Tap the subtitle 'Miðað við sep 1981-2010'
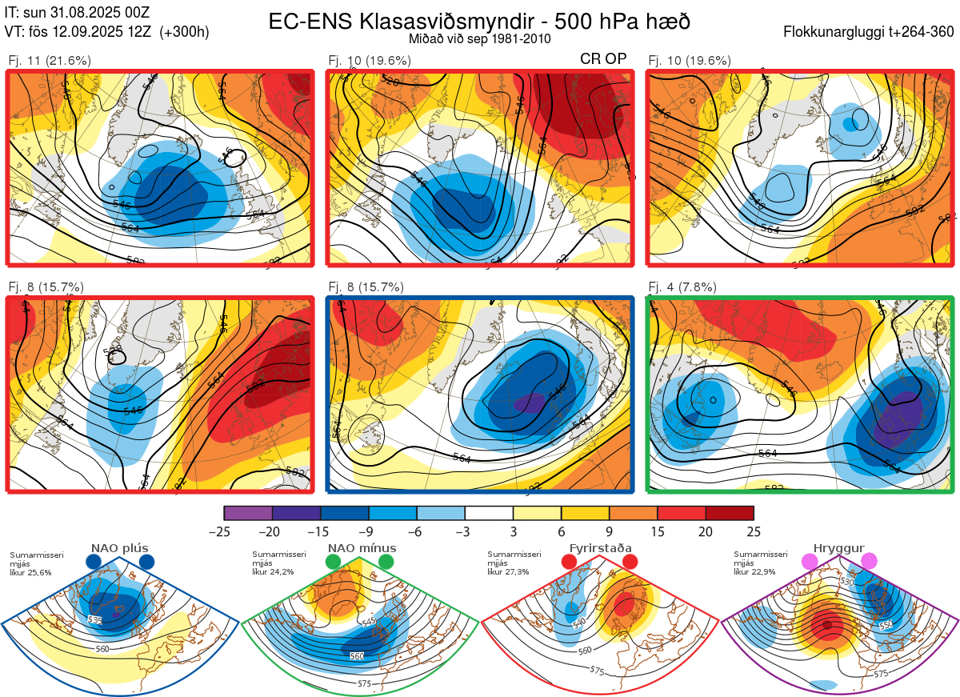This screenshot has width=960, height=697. tap(479, 38)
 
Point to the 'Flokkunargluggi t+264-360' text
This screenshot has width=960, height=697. tap(870, 33)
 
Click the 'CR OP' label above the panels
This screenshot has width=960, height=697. tap(602, 58)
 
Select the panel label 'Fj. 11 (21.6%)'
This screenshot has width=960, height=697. tap(50, 60)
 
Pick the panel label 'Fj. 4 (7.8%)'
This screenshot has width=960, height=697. tap(682, 287)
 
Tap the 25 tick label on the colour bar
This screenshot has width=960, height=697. tap(754, 531)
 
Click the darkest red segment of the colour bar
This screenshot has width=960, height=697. tap(730, 513)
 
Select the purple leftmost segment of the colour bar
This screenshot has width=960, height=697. tap(248, 513)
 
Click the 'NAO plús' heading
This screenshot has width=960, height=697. tap(119, 548)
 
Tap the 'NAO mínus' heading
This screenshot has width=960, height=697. tap(362, 548)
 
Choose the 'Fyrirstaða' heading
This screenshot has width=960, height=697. tap(600, 548)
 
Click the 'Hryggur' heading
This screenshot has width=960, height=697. tap(839, 548)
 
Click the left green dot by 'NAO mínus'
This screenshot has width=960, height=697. tap(333, 563)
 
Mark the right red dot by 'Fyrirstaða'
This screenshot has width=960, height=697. tap(630, 563)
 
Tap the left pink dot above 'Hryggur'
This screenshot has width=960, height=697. tap(810, 563)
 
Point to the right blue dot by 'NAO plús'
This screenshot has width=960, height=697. tap(146, 563)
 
